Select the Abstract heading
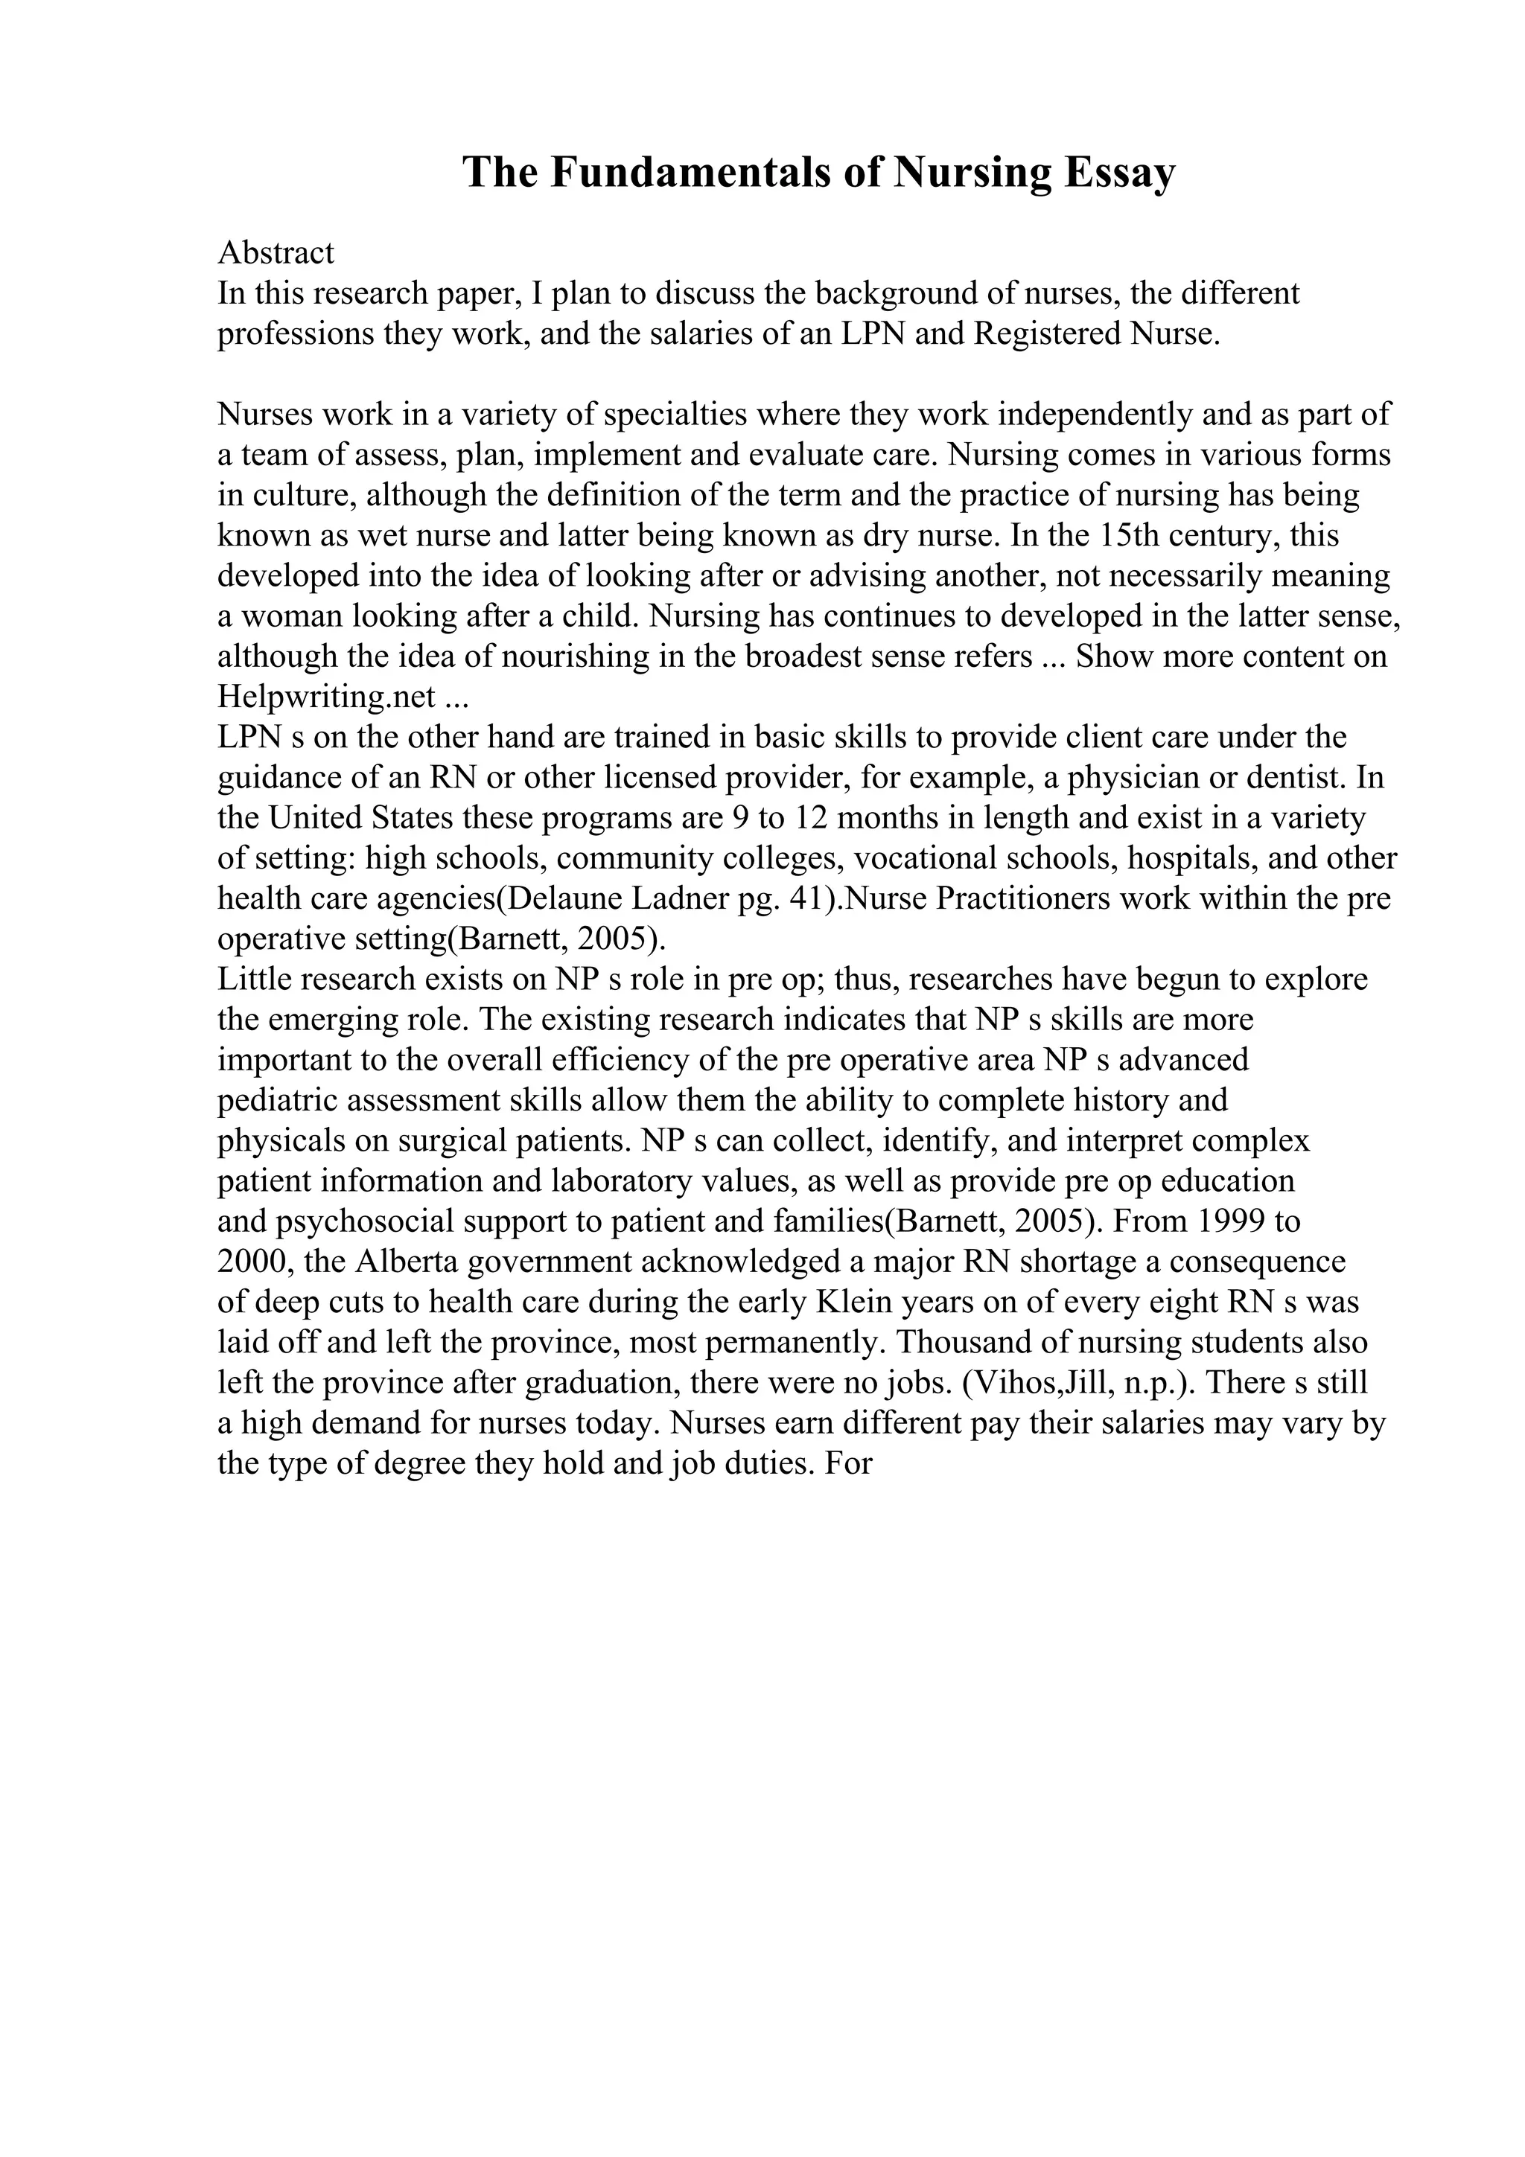pyautogui.click(x=276, y=253)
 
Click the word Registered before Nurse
pyautogui.click(x=1047, y=333)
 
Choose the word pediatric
pyautogui.click(x=273, y=1100)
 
